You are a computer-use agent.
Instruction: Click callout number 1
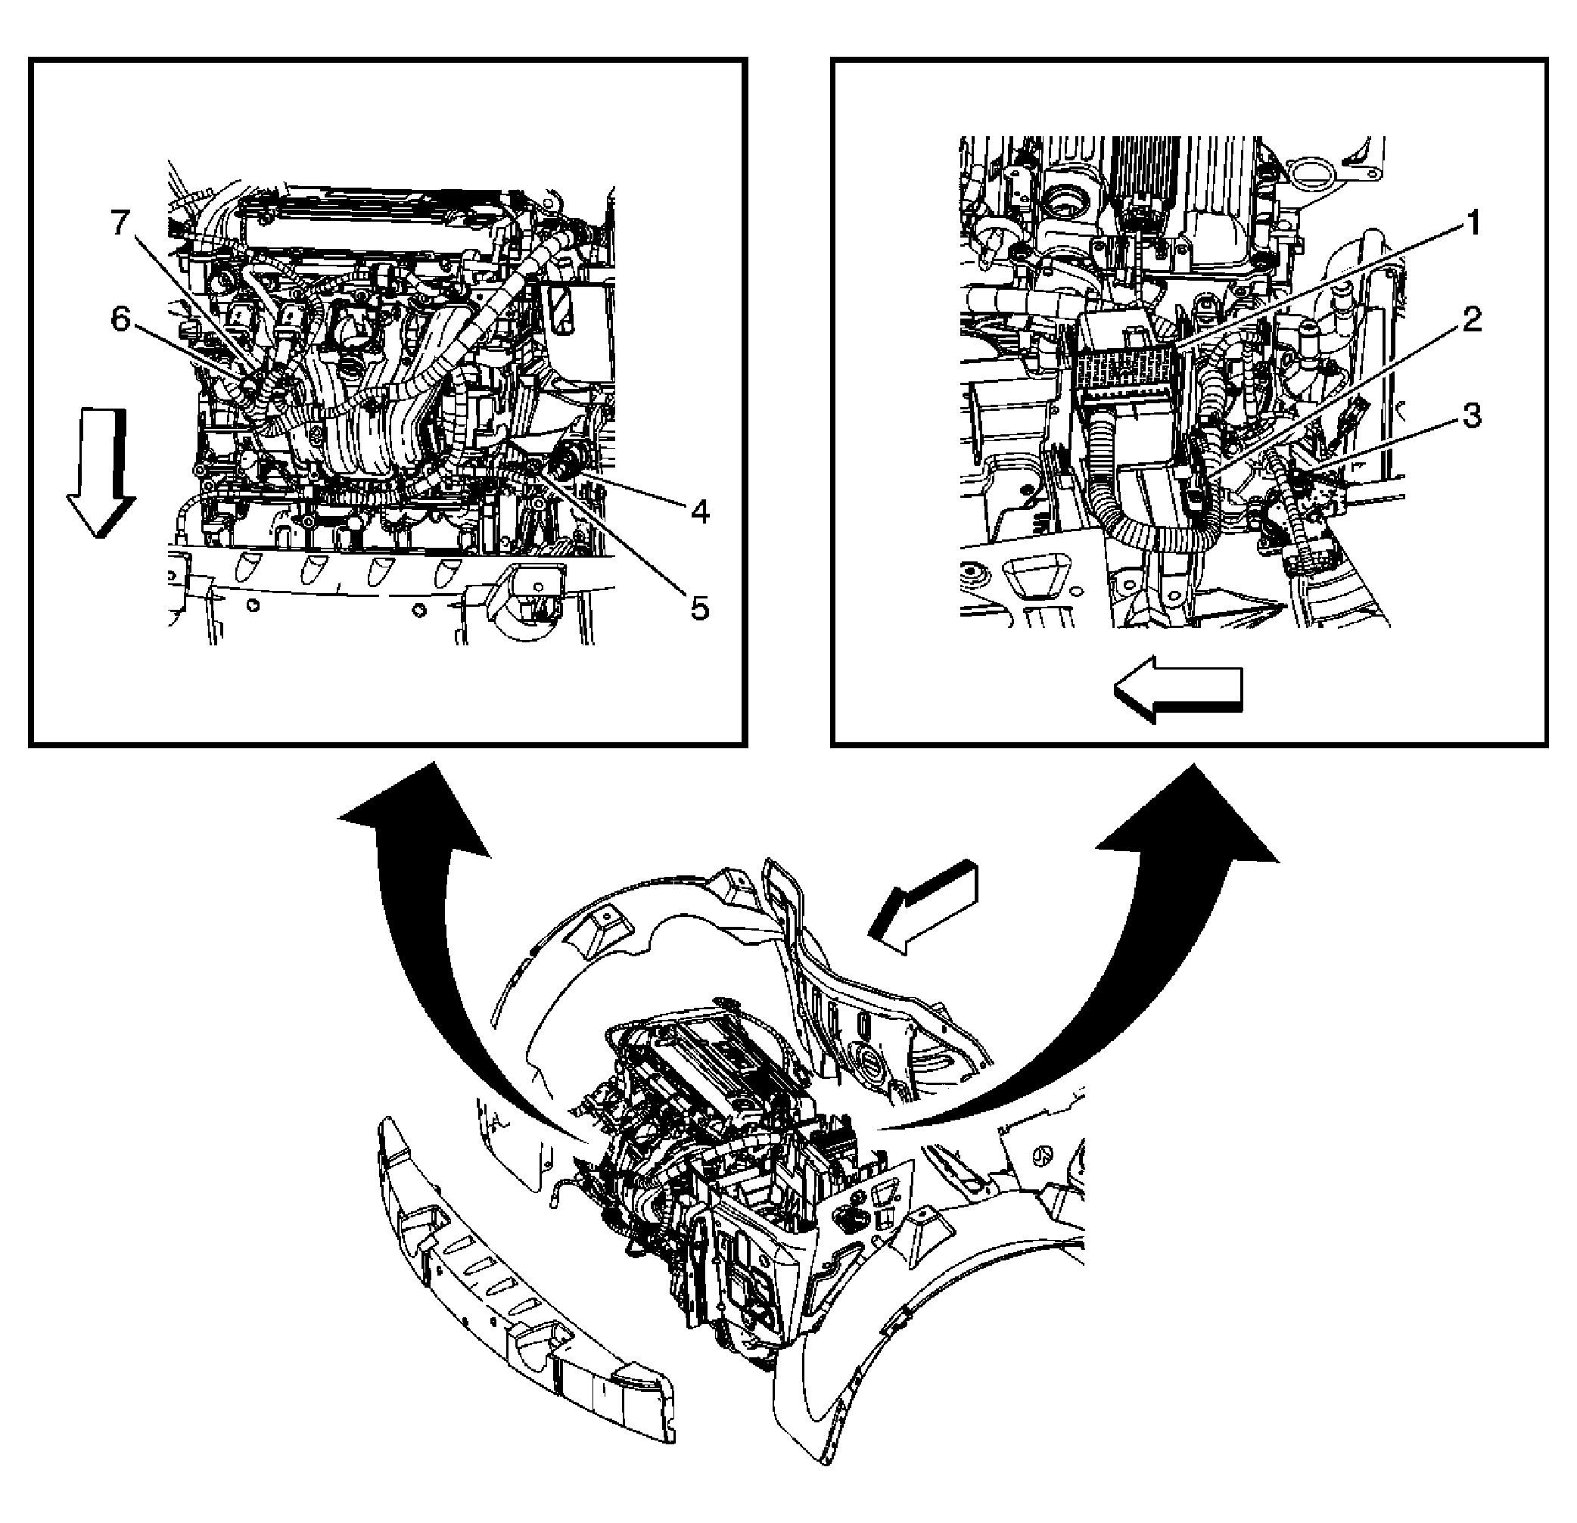pos(1472,223)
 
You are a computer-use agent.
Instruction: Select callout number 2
pos(1472,320)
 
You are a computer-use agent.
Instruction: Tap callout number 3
pos(1472,417)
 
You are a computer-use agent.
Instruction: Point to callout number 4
pos(700,511)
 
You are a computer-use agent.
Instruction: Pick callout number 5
pos(700,608)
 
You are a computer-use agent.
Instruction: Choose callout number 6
pos(120,319)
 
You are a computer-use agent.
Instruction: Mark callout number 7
pos(120,223)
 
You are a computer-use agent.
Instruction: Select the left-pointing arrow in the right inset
pos(1178,688)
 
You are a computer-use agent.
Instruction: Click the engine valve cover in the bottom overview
pos(728,1046)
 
